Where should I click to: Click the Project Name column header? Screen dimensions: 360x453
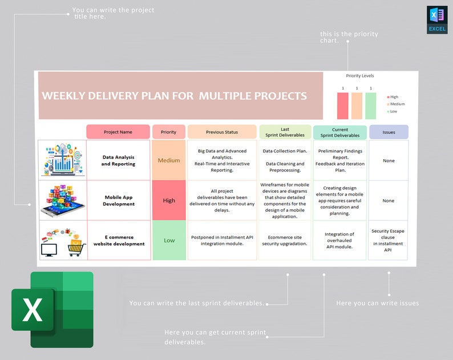[118, 132]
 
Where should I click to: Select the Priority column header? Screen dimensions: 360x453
[169, 132]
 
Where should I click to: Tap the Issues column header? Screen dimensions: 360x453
[389, 132]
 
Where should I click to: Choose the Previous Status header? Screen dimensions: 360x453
[222, 132]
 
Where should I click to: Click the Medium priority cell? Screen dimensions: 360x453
[169, 160]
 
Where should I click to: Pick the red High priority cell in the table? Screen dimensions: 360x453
[169, 200]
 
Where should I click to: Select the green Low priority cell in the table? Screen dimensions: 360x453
[169, 240]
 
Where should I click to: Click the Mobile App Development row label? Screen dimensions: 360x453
[119, 200]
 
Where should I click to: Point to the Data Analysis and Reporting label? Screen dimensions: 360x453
[119, 160]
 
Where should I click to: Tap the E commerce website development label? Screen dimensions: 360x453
[119, 240]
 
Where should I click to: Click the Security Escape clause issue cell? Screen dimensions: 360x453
[388, 240]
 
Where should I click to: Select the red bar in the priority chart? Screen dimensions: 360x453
[343, 106]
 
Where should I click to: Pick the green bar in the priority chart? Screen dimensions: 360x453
[371, 106]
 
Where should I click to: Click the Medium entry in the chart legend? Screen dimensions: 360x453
[397, 104]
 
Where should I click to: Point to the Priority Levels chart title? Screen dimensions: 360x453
[360, 75]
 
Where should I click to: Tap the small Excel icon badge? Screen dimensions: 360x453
[437, 20]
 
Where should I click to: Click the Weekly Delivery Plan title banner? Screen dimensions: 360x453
[175, 96]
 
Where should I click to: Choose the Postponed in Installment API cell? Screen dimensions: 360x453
[222, 240]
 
